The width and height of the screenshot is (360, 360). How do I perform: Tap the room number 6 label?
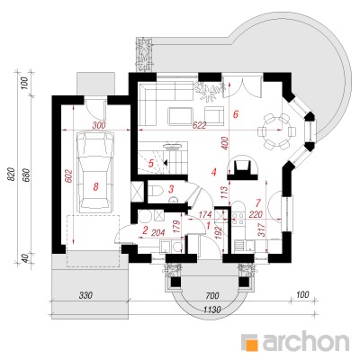click(x=236, y=114)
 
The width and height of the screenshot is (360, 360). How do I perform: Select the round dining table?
click(x=276, y=131)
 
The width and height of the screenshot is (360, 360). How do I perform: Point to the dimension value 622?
click(x=200, y=125)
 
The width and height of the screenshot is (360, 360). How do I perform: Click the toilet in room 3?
click(x=156, y=191)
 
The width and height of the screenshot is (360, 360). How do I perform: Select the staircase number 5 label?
click(x=151, y=164)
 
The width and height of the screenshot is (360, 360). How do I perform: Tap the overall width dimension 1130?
click(x=213, y=309)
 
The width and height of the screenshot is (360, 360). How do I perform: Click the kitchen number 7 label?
click(x=257, y=203)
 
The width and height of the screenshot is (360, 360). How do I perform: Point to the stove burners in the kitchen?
click(x=238, y=219)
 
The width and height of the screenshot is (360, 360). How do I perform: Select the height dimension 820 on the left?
click(x=11, y=175)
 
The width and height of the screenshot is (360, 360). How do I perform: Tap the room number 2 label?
click(x=145, y=230)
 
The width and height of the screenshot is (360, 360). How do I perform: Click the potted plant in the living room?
click(x=210, y=89)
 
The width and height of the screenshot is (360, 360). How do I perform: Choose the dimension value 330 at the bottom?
click(x=86, y=295)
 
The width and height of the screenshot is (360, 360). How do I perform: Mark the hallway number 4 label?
click(x=213, y=173)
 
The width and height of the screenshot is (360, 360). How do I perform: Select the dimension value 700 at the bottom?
click(x=212, y=295)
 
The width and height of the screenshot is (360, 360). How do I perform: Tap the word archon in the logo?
click(x=306, y=340)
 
